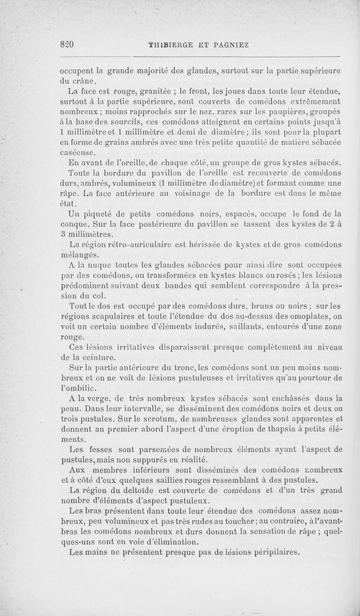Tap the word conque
pyautogui.click(x=73, y=224)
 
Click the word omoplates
pyautogui.click(x=323, y=316)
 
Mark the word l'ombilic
pyautogui.click(x=77, y=388)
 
